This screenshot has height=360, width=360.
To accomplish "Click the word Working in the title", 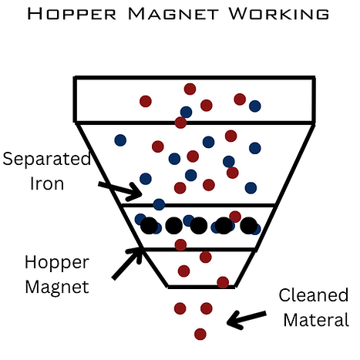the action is click(279, 14).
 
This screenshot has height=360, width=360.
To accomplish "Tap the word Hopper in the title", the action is click(72, 14).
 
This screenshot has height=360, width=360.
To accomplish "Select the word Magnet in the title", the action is click(173, 14).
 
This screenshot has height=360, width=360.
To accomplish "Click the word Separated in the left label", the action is click(47, 159).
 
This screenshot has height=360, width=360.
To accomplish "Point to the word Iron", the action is click(47, 183).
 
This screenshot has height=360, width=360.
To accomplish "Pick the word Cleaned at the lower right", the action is click(314, 294).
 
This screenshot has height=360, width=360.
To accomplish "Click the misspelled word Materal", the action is click(316, 319).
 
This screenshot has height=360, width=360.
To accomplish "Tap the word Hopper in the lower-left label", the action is click(57, 263).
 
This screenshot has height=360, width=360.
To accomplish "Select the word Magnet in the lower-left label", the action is click(57, 287).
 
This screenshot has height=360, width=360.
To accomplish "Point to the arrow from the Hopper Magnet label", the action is click(127, 264).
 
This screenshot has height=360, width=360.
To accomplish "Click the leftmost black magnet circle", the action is click(149, 226).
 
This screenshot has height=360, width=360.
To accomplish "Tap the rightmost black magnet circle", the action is click(248, 226).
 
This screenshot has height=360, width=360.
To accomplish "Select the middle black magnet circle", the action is click(199, 226).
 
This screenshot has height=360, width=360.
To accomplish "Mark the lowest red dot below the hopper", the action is click(200, 334).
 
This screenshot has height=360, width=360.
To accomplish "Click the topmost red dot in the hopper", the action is click(190, 89).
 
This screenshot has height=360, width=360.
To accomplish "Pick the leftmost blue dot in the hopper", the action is click(120, 140).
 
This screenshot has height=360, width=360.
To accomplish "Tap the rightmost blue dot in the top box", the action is click(255, 106).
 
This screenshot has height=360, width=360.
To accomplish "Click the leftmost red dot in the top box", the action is click(146, 101).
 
